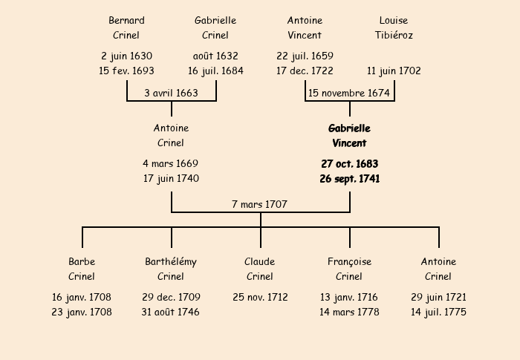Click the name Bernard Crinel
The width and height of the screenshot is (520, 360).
(x=126, y=28)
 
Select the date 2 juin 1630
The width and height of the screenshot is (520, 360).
(x=126, y=56)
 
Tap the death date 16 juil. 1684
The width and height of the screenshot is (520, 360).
(x=215, y=71)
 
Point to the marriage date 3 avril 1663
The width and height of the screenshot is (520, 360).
(x=171, y=93)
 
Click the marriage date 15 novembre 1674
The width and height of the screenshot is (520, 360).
(x=349, y=93)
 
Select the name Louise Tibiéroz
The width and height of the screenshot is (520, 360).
(x=394, y=28)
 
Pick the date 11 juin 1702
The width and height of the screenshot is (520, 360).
(x=394, y=71)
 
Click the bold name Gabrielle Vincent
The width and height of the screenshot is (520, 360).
(x=349, y=136)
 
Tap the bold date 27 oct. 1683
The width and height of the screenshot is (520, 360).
(x=350, y=164)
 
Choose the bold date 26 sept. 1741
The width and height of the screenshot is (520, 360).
(x=350, y=179)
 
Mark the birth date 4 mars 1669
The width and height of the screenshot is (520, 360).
(x=170, y=164)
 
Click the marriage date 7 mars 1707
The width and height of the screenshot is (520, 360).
(x=259, y=205)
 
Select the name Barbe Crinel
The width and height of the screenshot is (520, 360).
(x=82, y=269)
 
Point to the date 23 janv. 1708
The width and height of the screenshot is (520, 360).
(x=82, y=312)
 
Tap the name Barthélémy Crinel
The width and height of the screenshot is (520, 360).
(x=171, y=269)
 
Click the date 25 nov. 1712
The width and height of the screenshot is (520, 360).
(x=260, y=298)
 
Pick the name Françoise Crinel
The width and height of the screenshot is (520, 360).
(x=349, y=269)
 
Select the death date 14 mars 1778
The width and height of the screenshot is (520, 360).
(x=349, y=312)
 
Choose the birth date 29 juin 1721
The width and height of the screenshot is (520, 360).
(x=438, y=298)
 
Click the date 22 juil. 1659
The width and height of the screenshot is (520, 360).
(x=305, y=56)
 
